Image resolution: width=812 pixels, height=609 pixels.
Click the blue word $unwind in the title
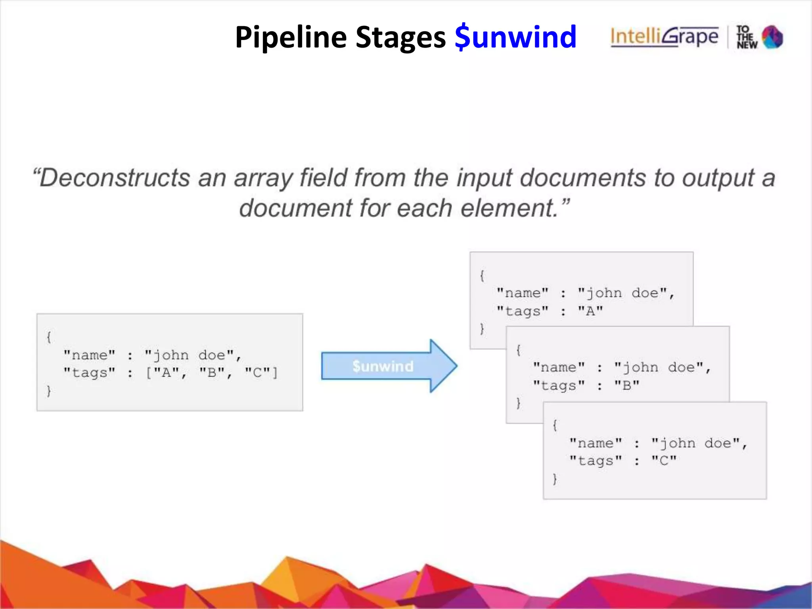(515, 37)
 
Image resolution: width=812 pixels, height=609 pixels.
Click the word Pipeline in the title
(291, 37)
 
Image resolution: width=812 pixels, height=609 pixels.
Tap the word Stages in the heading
(400, 37)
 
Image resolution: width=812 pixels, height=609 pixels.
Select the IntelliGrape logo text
(664, 37)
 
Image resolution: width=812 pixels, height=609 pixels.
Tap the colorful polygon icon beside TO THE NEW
(772, 37)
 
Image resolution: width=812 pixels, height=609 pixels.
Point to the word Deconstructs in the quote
(115, 178)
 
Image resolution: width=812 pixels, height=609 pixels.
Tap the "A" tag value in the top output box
(590, 311)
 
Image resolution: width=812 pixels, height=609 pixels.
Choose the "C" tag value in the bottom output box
(664, 461)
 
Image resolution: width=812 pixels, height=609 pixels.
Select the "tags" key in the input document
(90, 373)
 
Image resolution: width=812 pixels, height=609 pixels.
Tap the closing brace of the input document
(49, 391)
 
